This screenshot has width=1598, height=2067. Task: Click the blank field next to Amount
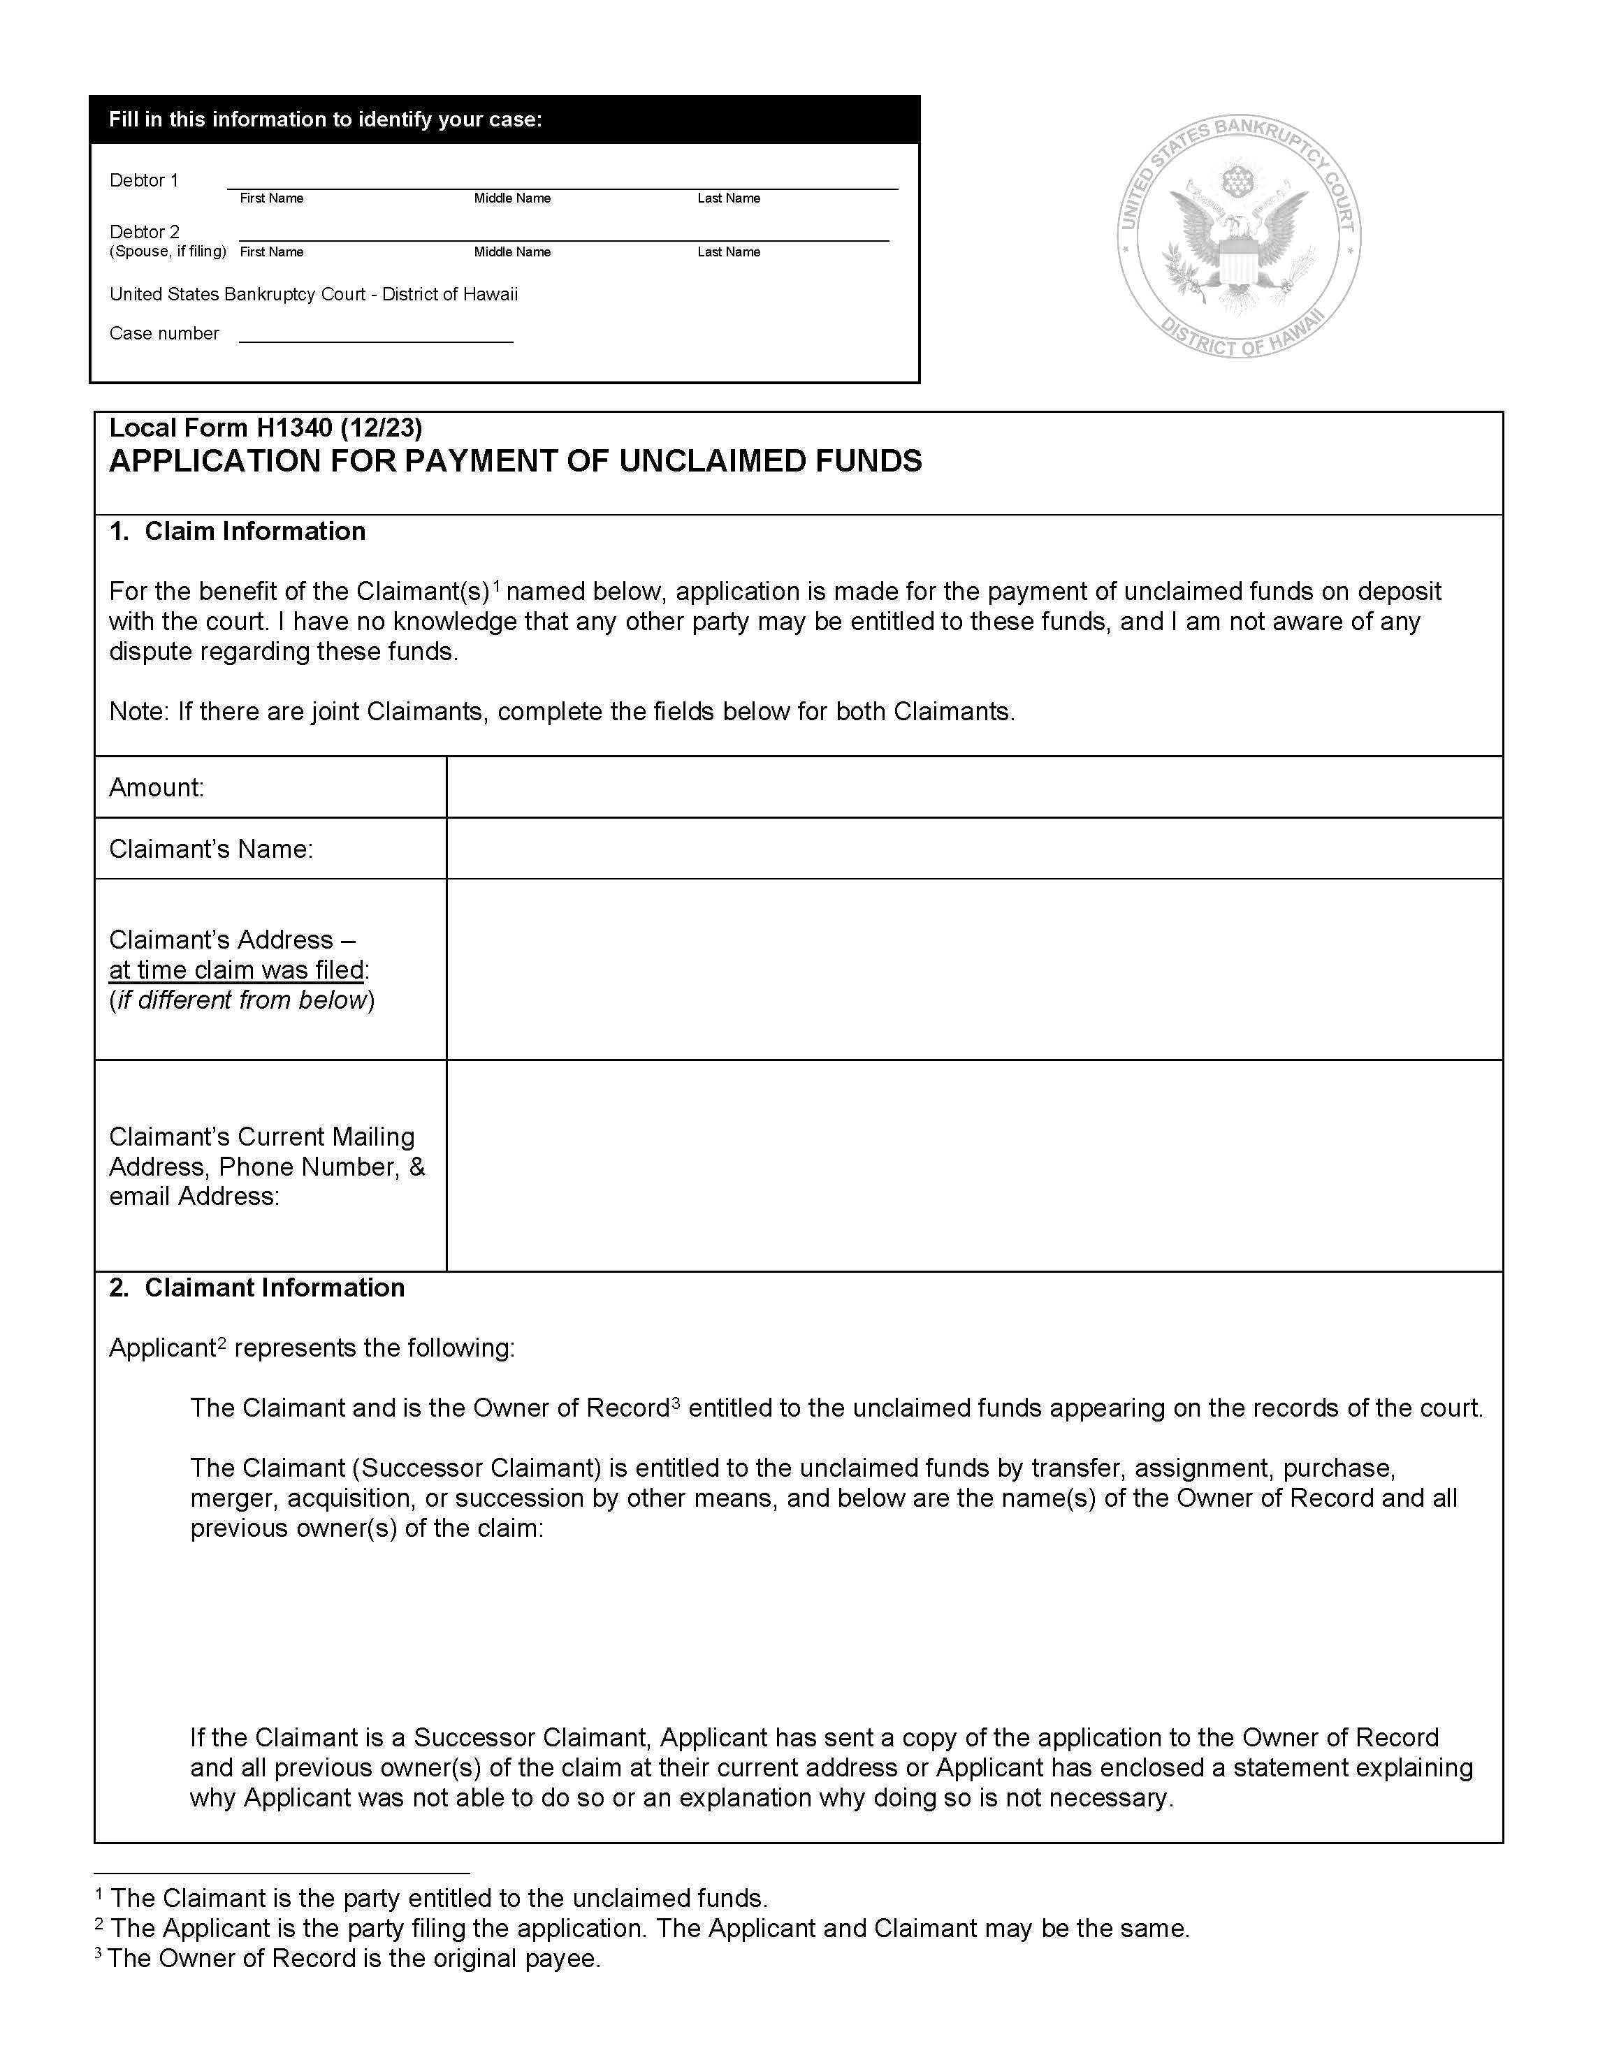coord(974,787)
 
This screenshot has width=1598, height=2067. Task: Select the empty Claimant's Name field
coord(974,848)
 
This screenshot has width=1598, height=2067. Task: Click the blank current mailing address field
coord(974,1165)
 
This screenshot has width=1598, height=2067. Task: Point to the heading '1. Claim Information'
coord(238,531)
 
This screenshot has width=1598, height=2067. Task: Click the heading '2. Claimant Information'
coord(256,1287)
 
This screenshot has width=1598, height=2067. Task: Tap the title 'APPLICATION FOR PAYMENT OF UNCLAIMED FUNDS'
coord(515,461)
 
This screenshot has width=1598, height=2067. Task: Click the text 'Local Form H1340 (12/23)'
coord(265,428)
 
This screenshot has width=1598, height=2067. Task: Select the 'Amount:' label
coord(157,787)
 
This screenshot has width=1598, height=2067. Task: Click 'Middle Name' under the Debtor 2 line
coord(512,251)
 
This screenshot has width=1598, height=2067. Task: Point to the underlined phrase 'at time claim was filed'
coord(237,970)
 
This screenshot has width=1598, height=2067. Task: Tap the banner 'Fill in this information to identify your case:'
coord(325,119)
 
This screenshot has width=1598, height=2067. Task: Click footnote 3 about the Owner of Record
coord(349,1958)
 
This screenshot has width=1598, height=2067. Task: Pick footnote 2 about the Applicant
coord(643,1928)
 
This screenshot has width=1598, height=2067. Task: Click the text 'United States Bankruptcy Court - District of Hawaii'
coord(313,294)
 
